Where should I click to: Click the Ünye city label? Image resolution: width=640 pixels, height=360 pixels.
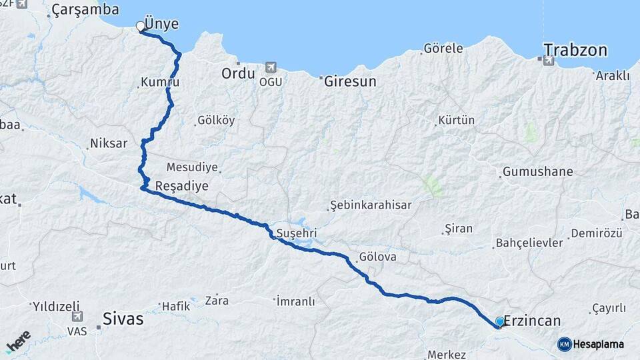coord(161,25)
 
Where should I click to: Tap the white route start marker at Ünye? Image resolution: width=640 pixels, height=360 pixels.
coord(140,26)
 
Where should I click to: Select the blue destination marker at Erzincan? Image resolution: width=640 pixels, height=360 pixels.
coord(500,322)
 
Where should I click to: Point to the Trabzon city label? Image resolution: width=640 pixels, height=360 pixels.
coord(575,50)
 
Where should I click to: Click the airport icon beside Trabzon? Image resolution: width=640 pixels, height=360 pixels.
coord(549,61)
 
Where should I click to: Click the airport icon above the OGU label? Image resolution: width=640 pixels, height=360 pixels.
coord(271,67)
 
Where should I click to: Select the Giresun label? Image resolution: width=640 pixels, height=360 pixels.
coord(350,82)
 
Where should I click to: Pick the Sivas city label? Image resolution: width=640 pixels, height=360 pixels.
coord(123,319)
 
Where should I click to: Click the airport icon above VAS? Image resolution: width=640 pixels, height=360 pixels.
coord(77,316)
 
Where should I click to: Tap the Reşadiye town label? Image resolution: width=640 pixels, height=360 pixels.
coord(181,186)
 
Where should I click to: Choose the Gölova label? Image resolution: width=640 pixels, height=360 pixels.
coord(377,257)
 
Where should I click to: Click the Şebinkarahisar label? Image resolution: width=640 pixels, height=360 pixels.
coord(371,205)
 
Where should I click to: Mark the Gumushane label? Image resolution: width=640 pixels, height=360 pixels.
coord(537,172)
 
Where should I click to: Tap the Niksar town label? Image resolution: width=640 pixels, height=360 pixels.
coord(108,143)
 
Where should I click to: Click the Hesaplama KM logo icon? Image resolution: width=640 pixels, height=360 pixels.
coord(565,344)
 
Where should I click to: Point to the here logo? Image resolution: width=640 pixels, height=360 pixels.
coord(18,342)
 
